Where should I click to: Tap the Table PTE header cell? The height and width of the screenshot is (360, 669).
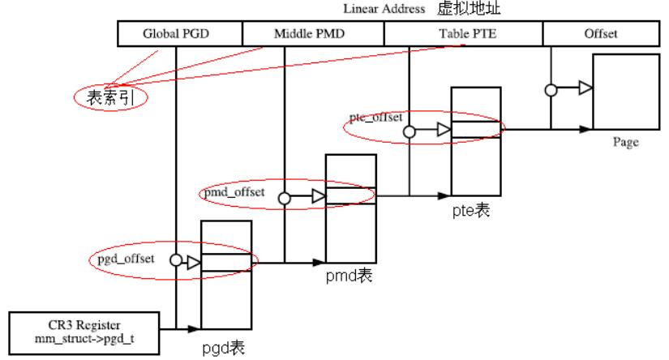(x=463, y=33)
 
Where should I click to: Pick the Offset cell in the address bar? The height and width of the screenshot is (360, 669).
(x=601, y=33)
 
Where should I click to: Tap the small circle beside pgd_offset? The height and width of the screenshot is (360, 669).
(x=175, y=261)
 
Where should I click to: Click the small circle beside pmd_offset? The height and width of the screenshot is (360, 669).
(x=285, y=197)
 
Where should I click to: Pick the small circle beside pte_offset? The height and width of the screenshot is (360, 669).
(x=410, y=130)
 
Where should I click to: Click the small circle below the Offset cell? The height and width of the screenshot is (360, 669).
(x=551, y=90)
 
